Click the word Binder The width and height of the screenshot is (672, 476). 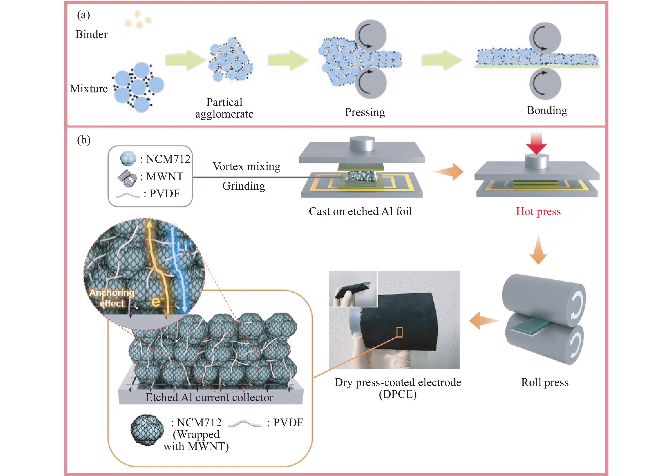(92, 34)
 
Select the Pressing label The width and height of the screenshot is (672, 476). (365, 112)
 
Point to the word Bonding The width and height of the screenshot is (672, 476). (547, 110)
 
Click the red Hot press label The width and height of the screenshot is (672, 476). (538, 211)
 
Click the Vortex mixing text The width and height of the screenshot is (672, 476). (246, 166)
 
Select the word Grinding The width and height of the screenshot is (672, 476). (244, 186)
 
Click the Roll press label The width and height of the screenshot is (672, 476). (544, 382)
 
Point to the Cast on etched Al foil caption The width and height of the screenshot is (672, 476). (360, 211)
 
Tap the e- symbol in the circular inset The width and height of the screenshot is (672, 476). (158, 301)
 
